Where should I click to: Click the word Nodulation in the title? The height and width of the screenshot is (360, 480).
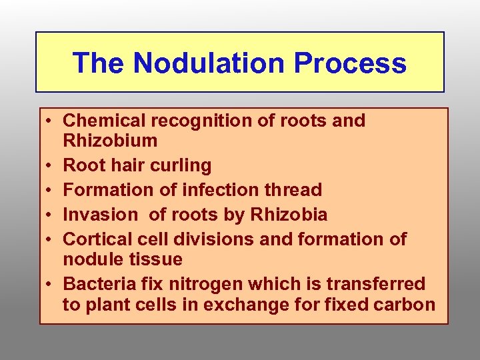209,63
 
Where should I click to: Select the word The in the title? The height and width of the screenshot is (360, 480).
100,63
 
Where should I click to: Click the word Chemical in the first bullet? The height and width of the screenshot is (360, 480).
103,121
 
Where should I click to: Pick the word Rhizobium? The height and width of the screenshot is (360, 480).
110,141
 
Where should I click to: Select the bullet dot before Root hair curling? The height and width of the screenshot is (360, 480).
51,166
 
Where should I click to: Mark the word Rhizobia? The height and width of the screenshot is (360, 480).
294,215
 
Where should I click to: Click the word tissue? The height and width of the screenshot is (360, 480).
157,259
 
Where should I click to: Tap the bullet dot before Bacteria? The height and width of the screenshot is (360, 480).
51,285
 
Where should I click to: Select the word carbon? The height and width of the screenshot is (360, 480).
406,305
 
